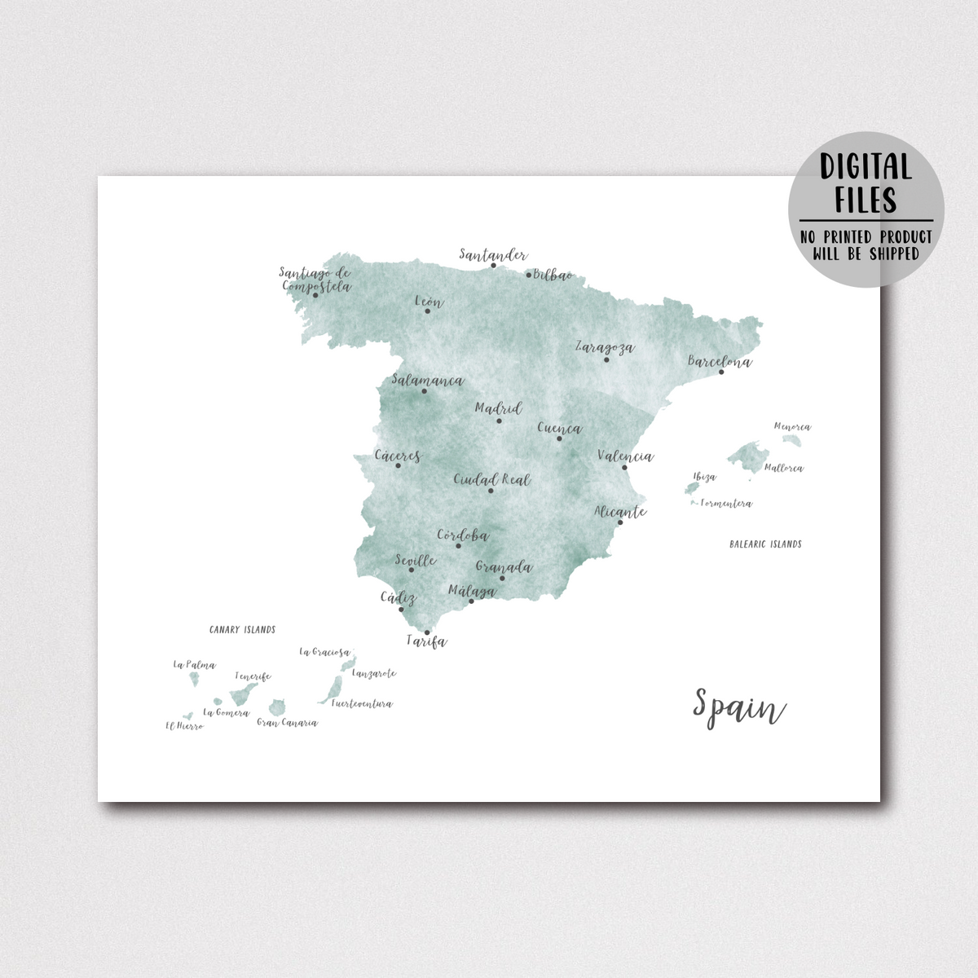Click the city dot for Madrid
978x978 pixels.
tap(499, 421)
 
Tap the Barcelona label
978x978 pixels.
tap(720, 361)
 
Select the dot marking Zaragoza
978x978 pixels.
tap(606, 360)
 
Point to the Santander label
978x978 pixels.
tap(493, 254)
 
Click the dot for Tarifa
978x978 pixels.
tap(426, 632)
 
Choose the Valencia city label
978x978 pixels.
tap(625, 456)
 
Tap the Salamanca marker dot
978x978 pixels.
tap(424, 391)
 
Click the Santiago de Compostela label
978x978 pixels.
tap(315, 280)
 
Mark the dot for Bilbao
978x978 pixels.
tap(528, 275)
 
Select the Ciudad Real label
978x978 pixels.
tap(491, 479)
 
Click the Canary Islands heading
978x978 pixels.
tap(242, 630)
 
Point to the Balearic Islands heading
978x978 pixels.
tap(765, 544)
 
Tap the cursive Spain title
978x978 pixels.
tap(738, 706)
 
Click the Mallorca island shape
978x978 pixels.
tap(747, 454)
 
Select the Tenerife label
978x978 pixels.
tap(253, 676)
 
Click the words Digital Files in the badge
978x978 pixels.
tap(866, 183)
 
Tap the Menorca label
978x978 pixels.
tap(792, 426)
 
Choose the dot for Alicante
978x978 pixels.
tap(619, 522)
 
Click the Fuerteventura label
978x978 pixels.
tap(362, 704)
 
